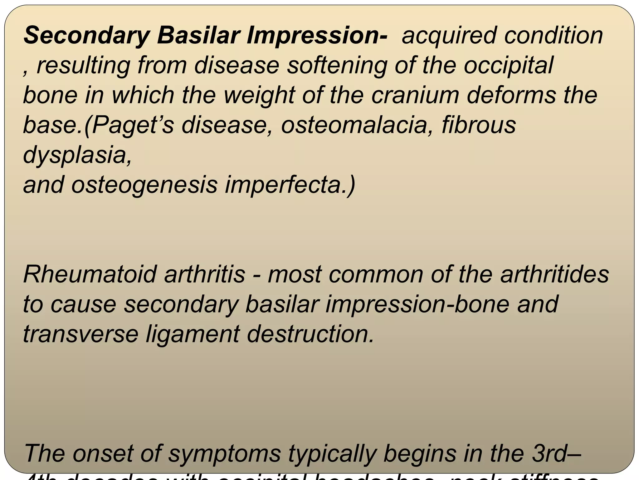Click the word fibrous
point(479,125)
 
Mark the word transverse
point(80,334)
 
